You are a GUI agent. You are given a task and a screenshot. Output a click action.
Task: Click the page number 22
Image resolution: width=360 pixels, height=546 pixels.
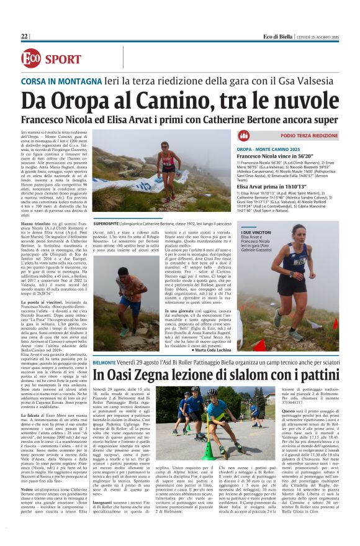click(x=24, y=37)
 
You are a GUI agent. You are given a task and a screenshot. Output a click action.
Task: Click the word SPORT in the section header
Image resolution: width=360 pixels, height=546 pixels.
click(x=63, y=60)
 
